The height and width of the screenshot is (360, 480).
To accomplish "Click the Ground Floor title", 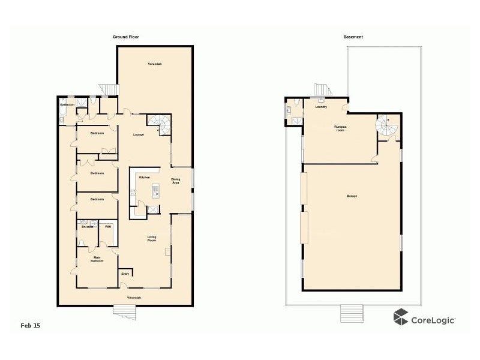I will [x=126, y=37].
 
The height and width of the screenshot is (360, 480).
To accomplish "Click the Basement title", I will [x=353, y=37].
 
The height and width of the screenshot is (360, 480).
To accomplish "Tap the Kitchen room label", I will [x=144, y=178].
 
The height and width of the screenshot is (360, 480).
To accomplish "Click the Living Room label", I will [x=152, y=238].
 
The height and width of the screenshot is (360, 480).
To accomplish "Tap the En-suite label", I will [x=86, y=227].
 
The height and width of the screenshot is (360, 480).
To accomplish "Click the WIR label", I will [x=108, y=227].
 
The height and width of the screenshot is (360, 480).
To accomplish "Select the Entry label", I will [x=125, y=274].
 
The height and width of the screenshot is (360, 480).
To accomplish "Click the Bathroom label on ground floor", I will [x=67, y=105].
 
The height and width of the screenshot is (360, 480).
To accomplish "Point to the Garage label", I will [x=352, y=196].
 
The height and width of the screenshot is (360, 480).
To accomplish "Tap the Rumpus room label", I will [x=340, y=128].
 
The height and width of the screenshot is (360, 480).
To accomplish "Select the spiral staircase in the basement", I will [x=385, y=125].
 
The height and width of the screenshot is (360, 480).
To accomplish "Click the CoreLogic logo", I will [x=424, y=319].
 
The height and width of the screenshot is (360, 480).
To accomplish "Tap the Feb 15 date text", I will [x=31, y=325].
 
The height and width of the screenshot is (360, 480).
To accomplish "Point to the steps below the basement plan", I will [x=349, y=313].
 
